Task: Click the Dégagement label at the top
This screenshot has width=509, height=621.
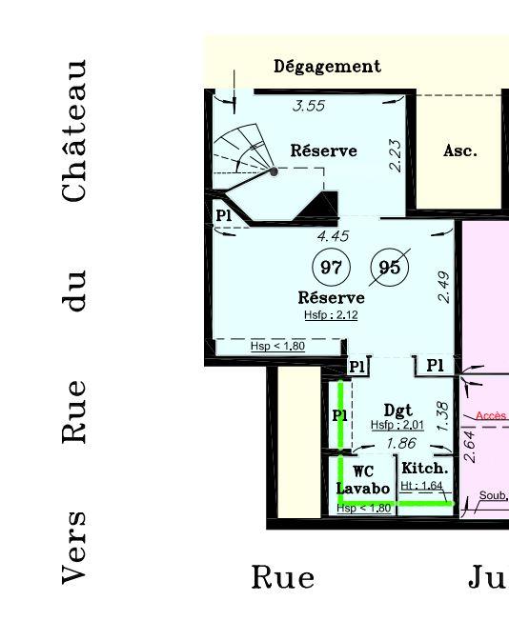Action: tap(327, 67)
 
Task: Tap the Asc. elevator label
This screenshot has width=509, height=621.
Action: tap(459, 150)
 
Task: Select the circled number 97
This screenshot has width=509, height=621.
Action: tap(331, 268)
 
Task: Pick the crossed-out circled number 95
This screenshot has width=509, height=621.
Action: tap(390, 268)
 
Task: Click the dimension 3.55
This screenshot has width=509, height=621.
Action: tap(308, 106)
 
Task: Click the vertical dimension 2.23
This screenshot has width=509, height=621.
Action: tap(395, 155)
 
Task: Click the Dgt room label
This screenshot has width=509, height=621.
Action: tap(397, 411)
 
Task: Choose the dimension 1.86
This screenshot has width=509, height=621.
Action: tap(399, 444)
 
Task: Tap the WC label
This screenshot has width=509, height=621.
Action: tap(362, 471)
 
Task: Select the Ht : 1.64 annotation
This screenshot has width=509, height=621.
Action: tap(422, 486)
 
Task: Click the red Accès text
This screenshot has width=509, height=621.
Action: tap(491, 416)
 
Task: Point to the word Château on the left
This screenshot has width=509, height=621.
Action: tap(76, 130)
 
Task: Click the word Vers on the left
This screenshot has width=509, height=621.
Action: tap(76, 546)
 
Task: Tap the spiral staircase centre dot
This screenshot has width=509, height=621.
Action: tap(275, 171)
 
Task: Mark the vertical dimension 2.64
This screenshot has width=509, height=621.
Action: tap(468, 446)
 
